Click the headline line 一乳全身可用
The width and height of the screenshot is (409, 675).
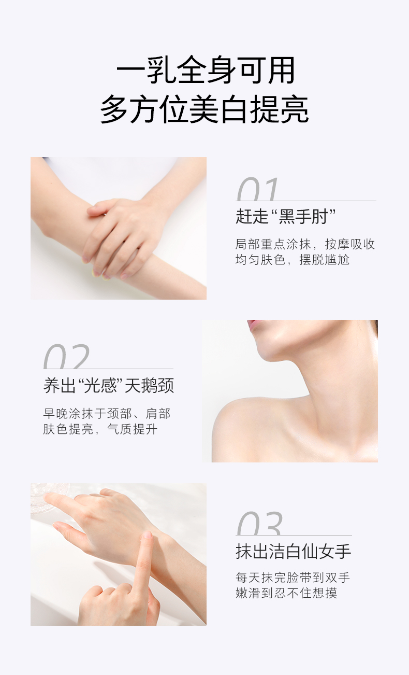205,70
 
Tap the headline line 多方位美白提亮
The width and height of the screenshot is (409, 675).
204,109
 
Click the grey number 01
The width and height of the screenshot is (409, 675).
258,189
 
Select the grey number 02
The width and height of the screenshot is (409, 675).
66,357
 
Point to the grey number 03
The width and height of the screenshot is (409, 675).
259,524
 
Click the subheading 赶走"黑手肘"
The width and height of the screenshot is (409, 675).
285,216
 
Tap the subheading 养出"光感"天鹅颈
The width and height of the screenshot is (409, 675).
109,385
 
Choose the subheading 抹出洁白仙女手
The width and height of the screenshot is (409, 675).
294,552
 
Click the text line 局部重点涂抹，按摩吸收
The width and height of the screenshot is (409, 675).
305,244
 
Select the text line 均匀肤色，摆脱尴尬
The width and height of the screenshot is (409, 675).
292,259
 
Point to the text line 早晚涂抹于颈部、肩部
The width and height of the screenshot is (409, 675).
107,413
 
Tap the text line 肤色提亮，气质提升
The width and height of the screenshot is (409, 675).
100,429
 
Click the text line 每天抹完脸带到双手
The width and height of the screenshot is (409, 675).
293,578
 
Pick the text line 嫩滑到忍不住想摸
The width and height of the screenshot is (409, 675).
286,593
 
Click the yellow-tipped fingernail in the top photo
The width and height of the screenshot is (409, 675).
96,273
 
